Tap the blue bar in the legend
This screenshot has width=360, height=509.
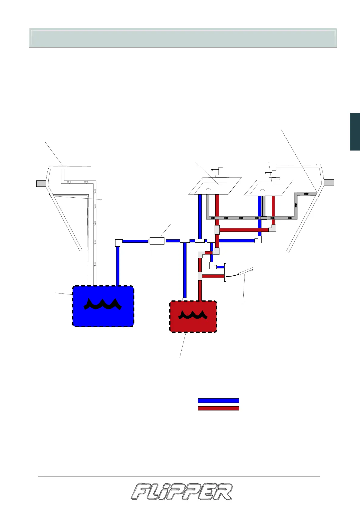(218, 400)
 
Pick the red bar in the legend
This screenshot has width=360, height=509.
(218, 408)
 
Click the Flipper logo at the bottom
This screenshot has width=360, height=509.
(182, 492)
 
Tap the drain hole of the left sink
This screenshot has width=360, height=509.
(209, 189)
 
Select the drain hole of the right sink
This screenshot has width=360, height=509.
(262, 190)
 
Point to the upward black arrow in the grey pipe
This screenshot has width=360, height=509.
(296, 205)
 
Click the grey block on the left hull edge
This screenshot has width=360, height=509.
(41, 183)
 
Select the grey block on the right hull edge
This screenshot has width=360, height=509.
(329, 182)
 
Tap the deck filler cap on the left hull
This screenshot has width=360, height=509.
(62, 166)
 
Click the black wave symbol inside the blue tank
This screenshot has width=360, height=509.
(103, 304)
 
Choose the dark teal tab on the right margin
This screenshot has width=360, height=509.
(355, 131)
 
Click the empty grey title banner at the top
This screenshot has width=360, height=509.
(183, 38)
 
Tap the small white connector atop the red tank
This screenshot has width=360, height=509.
(185, 299)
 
